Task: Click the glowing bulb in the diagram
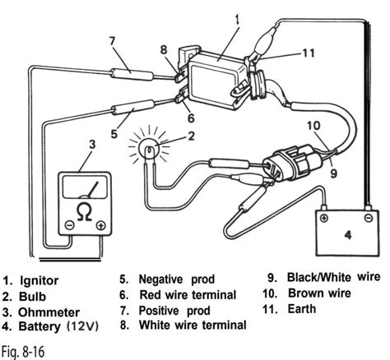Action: [149, 148]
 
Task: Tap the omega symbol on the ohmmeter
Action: [84, 212]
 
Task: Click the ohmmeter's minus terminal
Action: [69, 225]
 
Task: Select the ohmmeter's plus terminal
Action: [101, 225]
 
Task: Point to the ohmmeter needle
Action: [90, 191]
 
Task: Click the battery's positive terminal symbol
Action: [324, 219]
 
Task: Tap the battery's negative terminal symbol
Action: [368, 218]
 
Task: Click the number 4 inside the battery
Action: [347, 235]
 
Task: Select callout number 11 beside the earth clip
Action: [309, 53]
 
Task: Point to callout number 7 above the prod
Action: [112, 41]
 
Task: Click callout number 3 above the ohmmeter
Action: [92, 145]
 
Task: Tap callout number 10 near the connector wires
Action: [313, 126]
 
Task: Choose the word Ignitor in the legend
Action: [39, 281]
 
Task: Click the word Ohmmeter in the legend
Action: [49, 312]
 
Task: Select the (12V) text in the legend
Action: [82, 326]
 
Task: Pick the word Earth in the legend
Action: [302, 309]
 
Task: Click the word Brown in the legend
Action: [305, 293]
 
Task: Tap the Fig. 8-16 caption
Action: [23, 351]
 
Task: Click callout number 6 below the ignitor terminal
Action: [191, 118]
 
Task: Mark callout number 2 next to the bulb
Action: [191, 136]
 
